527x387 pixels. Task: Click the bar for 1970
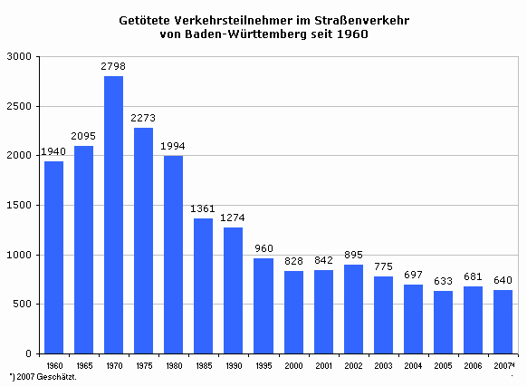113,215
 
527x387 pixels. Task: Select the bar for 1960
53,257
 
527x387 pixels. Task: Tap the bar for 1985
204,286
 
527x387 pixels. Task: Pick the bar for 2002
353,309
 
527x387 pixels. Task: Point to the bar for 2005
444,322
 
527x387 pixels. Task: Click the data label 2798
113,66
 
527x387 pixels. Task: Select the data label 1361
203,208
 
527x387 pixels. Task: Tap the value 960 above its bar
263,248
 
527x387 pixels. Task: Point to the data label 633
443,281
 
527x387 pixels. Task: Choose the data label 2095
83,136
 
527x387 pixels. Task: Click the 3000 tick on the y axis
19,56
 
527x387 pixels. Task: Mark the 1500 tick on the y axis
19,205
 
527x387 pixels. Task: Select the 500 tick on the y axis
22,304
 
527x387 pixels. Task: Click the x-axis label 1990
234,365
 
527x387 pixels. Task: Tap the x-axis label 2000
293,365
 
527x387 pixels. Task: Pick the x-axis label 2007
503,365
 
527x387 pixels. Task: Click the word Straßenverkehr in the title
362,21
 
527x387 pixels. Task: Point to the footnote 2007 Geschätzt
47,377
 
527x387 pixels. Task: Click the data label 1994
173,146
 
